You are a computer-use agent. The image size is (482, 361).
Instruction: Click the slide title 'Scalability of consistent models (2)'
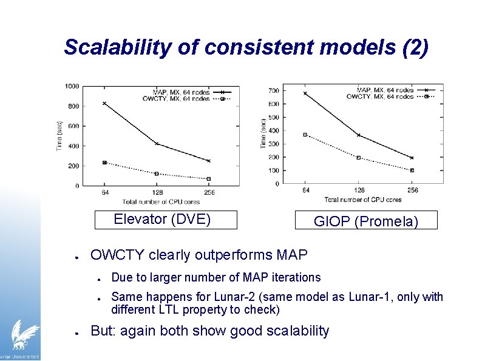246,47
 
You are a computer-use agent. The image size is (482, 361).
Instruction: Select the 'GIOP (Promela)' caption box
365,221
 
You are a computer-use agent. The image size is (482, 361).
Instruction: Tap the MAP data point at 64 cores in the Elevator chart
104,103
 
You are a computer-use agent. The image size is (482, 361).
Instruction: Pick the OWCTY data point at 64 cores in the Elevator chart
104,163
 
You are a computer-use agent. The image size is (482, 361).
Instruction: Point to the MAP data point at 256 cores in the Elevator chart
209,161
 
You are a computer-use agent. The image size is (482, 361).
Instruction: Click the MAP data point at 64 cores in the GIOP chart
305,93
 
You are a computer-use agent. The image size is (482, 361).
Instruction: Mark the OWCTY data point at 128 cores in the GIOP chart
359,158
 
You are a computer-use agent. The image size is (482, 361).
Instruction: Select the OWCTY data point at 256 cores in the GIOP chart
412,170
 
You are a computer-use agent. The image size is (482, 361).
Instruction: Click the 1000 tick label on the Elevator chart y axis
72,86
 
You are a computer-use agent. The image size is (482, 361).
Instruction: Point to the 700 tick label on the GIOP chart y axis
274,91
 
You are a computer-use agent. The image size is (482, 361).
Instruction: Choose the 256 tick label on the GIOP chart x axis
412,191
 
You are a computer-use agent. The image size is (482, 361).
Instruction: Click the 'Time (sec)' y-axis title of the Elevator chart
59,136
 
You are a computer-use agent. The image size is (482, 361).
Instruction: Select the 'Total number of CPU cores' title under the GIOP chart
362,199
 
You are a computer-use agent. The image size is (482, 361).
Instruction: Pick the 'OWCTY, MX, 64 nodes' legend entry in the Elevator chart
176,98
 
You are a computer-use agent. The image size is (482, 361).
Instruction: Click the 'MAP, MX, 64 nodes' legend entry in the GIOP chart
385,90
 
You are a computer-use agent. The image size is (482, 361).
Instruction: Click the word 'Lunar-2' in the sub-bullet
234,297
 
